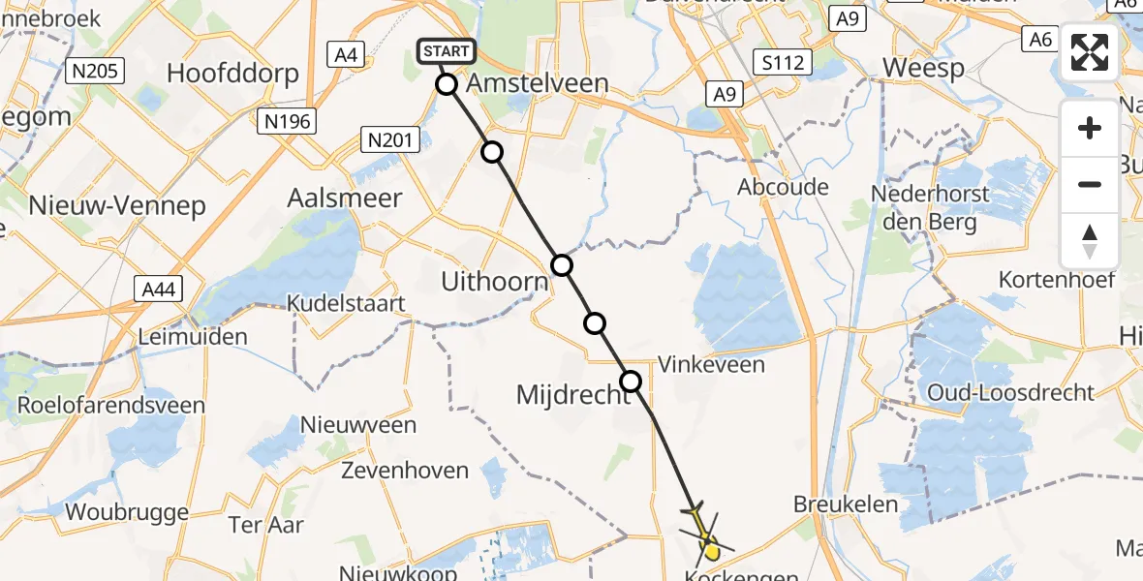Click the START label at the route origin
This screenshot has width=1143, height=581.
click(446, 51)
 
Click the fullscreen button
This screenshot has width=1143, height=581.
click(1090, 51)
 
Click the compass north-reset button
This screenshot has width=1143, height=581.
click(1090, 241)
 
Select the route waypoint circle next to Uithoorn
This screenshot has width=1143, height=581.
click(562, 265)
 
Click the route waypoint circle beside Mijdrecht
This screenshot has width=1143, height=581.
click(631, 382)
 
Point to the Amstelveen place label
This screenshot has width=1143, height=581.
click(538, 83)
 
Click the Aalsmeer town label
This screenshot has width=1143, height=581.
click(344, 198)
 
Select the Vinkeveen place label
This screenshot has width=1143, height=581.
click(711, 365)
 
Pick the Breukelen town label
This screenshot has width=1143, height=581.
click(846, 505)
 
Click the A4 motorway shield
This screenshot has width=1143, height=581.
click(346, 54)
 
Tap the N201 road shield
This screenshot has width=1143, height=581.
click(389, 140)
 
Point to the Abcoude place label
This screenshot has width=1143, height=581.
click(783, 187)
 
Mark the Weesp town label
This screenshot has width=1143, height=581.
click(923, 69)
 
